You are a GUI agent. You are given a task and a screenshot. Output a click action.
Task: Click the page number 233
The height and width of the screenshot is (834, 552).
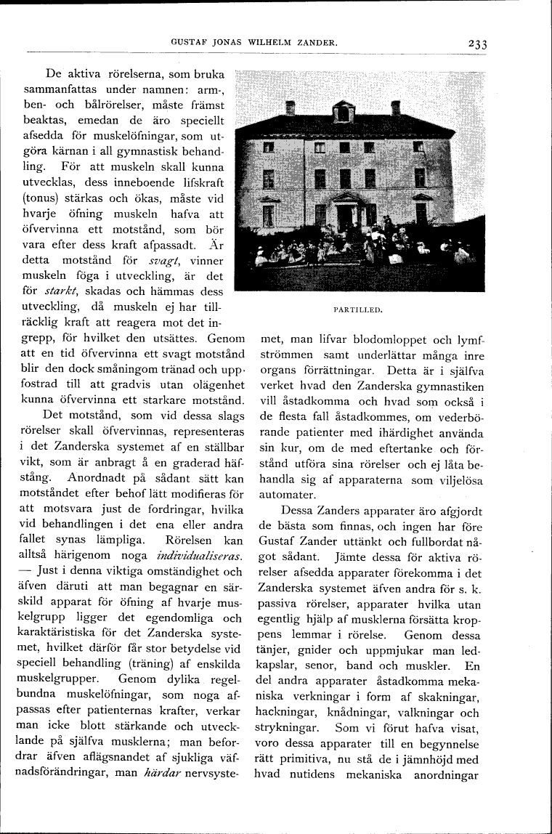(x=477, y=44)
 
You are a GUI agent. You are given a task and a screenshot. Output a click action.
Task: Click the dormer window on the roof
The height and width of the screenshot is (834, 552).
(x=343, y=112)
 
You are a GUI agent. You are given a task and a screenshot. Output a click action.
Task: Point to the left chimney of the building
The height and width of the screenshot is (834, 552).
(x=290, y=108)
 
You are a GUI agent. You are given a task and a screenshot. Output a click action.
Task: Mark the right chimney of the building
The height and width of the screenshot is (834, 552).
(x=396, y=108)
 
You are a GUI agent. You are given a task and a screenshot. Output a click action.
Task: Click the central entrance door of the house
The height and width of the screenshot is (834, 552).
(x=344, y=216)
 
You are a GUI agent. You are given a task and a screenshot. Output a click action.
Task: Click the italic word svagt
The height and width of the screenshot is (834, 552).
(x=163, y=260)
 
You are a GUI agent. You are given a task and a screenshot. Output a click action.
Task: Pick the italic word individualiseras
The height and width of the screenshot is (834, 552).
(x=198, y=555)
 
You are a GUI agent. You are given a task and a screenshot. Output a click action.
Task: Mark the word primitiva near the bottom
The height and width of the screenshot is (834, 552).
(x=293, y=760)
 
